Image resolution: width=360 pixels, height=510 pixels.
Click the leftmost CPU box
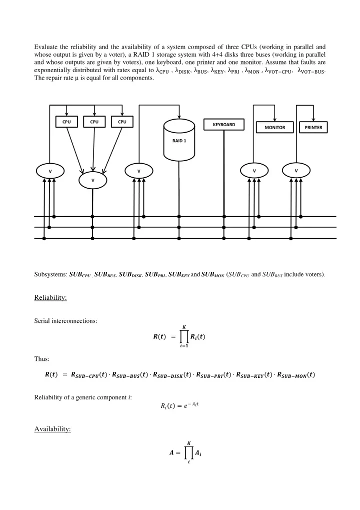point(66,122)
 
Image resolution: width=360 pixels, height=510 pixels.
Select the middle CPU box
point(94,122)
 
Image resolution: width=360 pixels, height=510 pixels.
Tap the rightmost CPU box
point(122,122)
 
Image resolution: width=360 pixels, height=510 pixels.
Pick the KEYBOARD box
point(224,125)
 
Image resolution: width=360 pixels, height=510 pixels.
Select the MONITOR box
point(275,127)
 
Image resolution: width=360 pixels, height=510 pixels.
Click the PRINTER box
point(313,127)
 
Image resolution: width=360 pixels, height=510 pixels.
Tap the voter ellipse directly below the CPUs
point(92,180)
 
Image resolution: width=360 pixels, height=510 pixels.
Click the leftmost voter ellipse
point(50,171)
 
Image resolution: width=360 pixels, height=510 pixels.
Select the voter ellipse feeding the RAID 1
point(138,171)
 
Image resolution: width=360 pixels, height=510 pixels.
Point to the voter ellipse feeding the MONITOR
point(254,171)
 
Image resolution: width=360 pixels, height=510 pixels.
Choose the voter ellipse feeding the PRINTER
point(296,171)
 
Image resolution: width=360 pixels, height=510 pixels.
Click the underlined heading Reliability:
point(50,298)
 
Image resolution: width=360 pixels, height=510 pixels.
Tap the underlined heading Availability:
point(52,429)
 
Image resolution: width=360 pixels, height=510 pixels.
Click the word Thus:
point(42,359)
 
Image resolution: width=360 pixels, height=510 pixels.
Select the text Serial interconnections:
point(65,321)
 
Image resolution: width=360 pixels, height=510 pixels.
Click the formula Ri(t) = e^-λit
point(179,405)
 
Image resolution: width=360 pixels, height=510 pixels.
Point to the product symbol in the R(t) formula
point(184,337)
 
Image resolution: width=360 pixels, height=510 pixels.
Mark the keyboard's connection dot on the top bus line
point(224,216)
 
